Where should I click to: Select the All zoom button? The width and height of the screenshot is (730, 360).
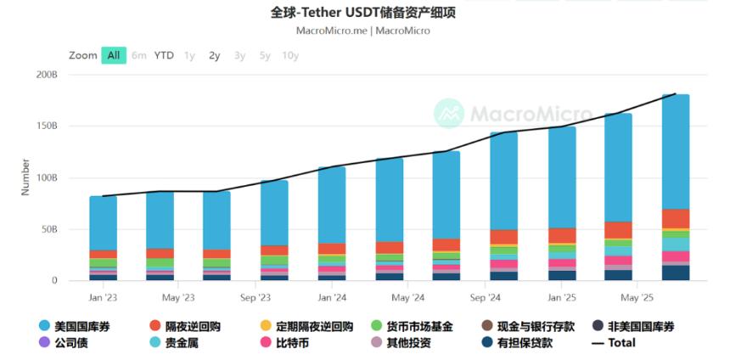[x=113, y=55]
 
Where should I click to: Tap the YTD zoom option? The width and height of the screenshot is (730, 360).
[x=164, y=55]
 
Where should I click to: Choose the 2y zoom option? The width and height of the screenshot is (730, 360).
[x=215, y=55]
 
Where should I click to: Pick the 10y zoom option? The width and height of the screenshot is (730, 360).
[x=290, y=55]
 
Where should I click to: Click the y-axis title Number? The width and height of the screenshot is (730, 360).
[x=25, y=177]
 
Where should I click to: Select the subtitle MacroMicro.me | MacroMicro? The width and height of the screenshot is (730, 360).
[x=362, y=31]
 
